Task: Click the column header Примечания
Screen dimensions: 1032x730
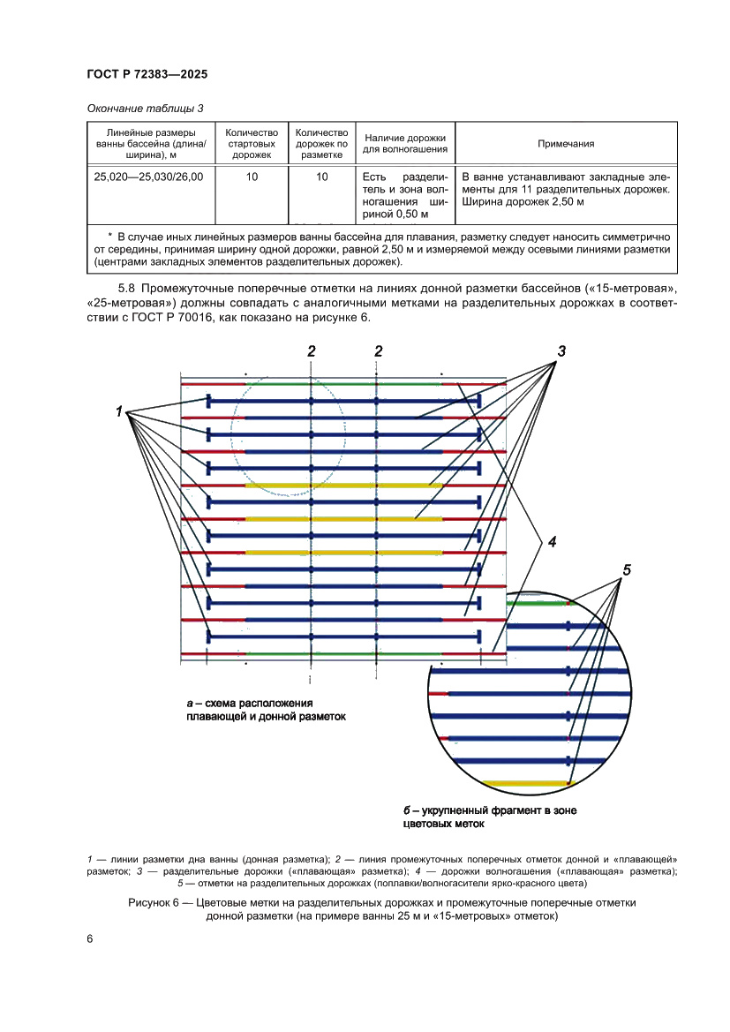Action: [566, 143]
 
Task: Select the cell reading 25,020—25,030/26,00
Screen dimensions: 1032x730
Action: [148, 177]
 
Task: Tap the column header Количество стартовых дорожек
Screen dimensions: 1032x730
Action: [252, 143]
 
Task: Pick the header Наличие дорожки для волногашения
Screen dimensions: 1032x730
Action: [405, 143]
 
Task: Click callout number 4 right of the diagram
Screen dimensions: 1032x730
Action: [552, 542]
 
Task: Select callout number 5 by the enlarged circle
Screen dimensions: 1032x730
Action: [627, 569]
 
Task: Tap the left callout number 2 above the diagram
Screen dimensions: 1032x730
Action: [312, 351]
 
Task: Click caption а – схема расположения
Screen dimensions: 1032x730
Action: [251, 703]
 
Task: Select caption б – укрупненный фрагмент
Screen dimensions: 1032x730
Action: [488, 810]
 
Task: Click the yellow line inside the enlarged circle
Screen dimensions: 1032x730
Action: [526, 783]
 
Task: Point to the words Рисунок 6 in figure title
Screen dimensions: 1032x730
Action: [158, 903]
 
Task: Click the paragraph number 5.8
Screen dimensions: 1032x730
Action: [128, 288]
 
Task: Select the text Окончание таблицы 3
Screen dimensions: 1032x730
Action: [145, 108]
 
